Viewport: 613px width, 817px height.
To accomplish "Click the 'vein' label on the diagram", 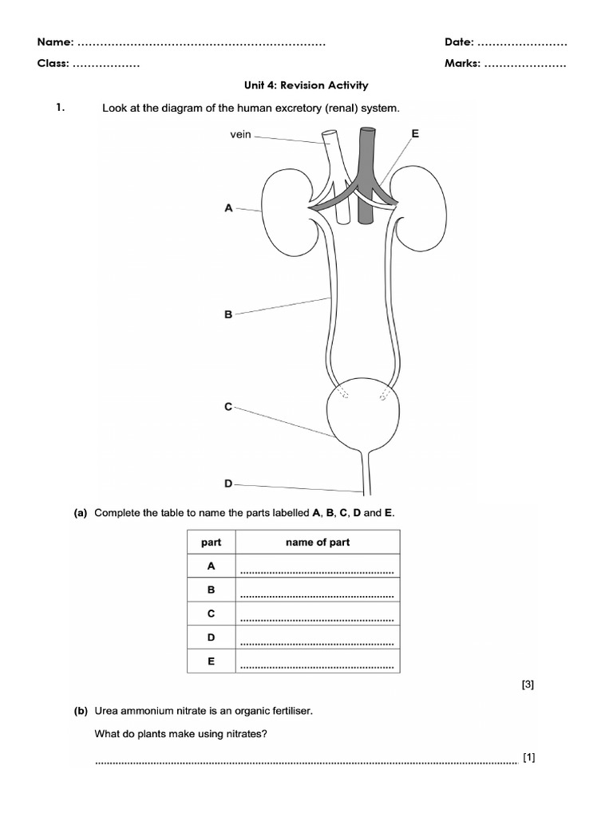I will [x=240, y=135].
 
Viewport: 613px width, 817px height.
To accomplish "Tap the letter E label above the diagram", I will [x=414, y=133].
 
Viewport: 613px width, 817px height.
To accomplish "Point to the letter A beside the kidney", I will [x=228, y=208].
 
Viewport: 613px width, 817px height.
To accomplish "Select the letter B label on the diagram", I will [x=228, y=315].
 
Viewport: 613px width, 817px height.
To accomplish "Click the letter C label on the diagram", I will [x=228, y=407].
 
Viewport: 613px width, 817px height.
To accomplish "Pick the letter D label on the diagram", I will [x=228, y=483].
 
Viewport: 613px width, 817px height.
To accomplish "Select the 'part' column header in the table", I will [x=212, y=543].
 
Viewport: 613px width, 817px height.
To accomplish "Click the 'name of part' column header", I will [x=318, y=543].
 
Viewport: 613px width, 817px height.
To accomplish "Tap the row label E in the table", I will [x=212, y=661].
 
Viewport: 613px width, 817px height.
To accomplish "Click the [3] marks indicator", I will [x=527, y=685].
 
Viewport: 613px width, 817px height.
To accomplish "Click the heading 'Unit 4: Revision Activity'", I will [x=306, y=85].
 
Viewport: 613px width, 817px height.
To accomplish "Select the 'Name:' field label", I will [x=56, y=41].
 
